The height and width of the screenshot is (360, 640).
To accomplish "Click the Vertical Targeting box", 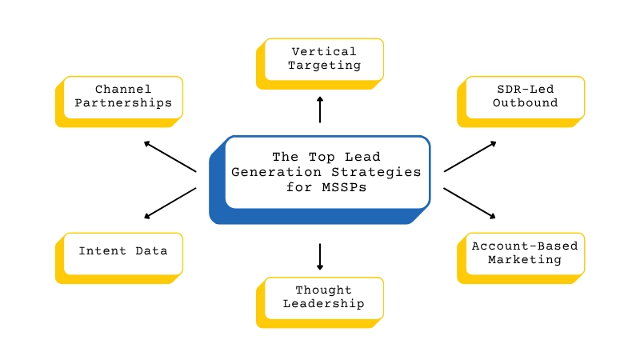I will click(x=324, y=58).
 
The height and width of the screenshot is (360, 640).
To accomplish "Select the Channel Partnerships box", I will click(x=123, y=97).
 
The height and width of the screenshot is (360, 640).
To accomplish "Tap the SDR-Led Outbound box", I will click(x=525, y=97).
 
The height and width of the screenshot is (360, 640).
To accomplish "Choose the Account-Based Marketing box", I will click(x=526, y=253).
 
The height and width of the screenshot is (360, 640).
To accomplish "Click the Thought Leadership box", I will click(x=324, y=297).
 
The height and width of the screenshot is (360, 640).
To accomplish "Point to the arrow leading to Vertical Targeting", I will click(x=320, y=110).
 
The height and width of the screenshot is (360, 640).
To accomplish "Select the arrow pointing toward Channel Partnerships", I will click(x=170, y=156).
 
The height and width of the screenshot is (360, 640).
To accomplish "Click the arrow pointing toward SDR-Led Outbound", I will click(x=470, y=156).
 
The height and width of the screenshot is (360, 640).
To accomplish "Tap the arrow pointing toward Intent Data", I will click(x=170, y=203).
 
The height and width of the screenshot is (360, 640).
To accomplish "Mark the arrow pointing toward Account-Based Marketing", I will click(x=470, y=203).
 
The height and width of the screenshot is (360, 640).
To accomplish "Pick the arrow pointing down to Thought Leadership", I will click(x=320, y=257).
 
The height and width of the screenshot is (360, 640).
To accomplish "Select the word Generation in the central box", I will click(x=273, y=172).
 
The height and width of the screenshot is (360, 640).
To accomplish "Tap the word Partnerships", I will click(x=123, y=103).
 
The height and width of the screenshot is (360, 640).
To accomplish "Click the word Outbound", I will click(x=526, y=103).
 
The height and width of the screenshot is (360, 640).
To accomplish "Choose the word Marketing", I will click(x=526, y=259).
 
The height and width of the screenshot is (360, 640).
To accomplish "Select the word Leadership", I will click(x=324, y=304).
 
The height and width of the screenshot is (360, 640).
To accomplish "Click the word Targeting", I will click(x=324, y=66).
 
